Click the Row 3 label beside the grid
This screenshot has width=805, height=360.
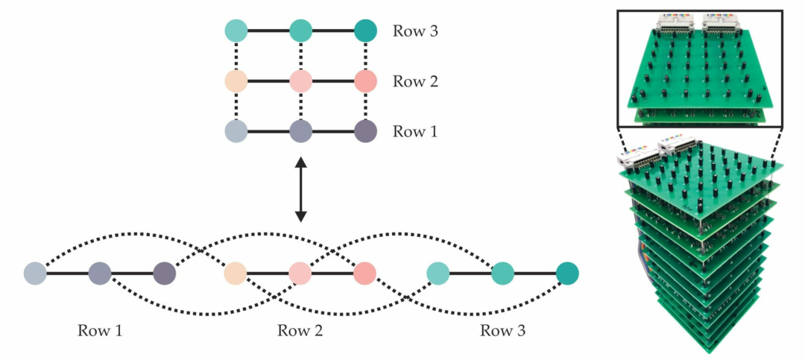(415, 31)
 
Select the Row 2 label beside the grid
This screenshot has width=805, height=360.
(415, 81)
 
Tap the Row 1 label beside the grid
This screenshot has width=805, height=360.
(415, 132)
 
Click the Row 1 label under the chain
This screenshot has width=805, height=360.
(100, 330)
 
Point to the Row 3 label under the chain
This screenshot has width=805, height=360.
(502, 330)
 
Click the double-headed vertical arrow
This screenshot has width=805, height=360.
(300, 189)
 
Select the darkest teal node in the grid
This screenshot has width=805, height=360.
(365, 31)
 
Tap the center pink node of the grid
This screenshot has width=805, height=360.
(300, 81)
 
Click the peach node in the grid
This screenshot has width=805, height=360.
(236, 81)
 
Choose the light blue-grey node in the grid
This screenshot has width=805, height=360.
(236, 132)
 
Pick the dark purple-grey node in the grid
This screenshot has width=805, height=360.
(365, 132)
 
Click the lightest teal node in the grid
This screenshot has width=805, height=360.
(236, 31)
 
